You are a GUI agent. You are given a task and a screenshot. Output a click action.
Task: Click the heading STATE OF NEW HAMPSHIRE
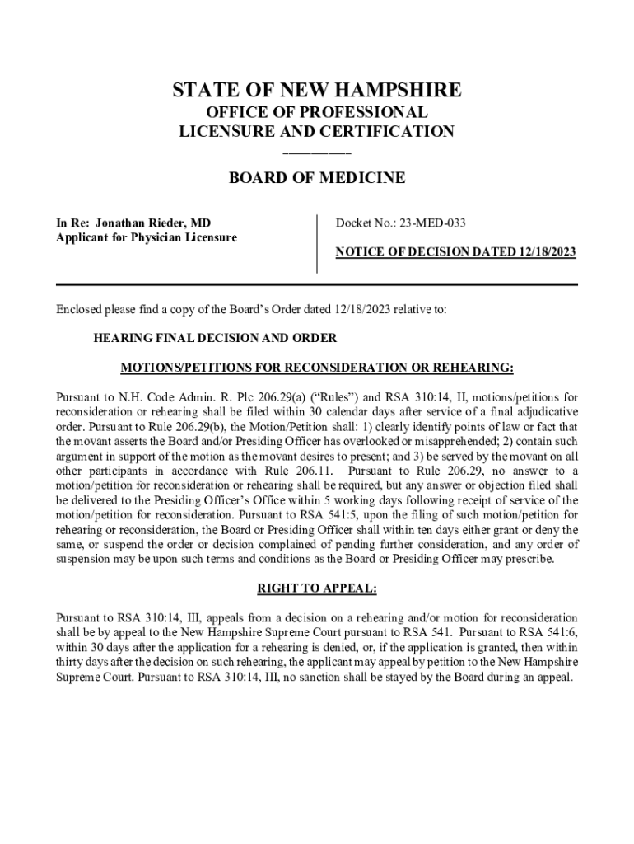point(317,90)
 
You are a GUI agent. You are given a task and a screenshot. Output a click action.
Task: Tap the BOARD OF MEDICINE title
point(317,178)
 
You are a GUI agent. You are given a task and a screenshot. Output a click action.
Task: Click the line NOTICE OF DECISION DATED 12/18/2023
point(455,252)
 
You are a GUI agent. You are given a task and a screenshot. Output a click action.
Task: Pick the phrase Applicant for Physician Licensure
point(146,237)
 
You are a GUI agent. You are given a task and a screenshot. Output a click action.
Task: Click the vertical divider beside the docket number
point(317,243)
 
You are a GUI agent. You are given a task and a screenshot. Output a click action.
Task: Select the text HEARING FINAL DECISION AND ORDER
point(215,338)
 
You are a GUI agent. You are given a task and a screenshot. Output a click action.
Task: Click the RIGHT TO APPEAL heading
point(317,588)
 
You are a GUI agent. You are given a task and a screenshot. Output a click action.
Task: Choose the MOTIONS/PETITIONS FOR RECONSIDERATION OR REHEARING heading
point(317,367)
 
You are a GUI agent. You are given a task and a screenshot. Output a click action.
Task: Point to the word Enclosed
point(79,310)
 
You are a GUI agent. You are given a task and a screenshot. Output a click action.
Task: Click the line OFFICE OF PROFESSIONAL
point(317,113)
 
